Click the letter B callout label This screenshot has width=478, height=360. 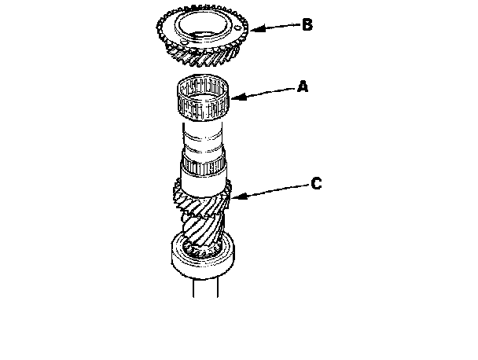307,24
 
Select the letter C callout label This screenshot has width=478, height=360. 316,184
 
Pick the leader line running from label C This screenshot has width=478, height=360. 271,188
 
